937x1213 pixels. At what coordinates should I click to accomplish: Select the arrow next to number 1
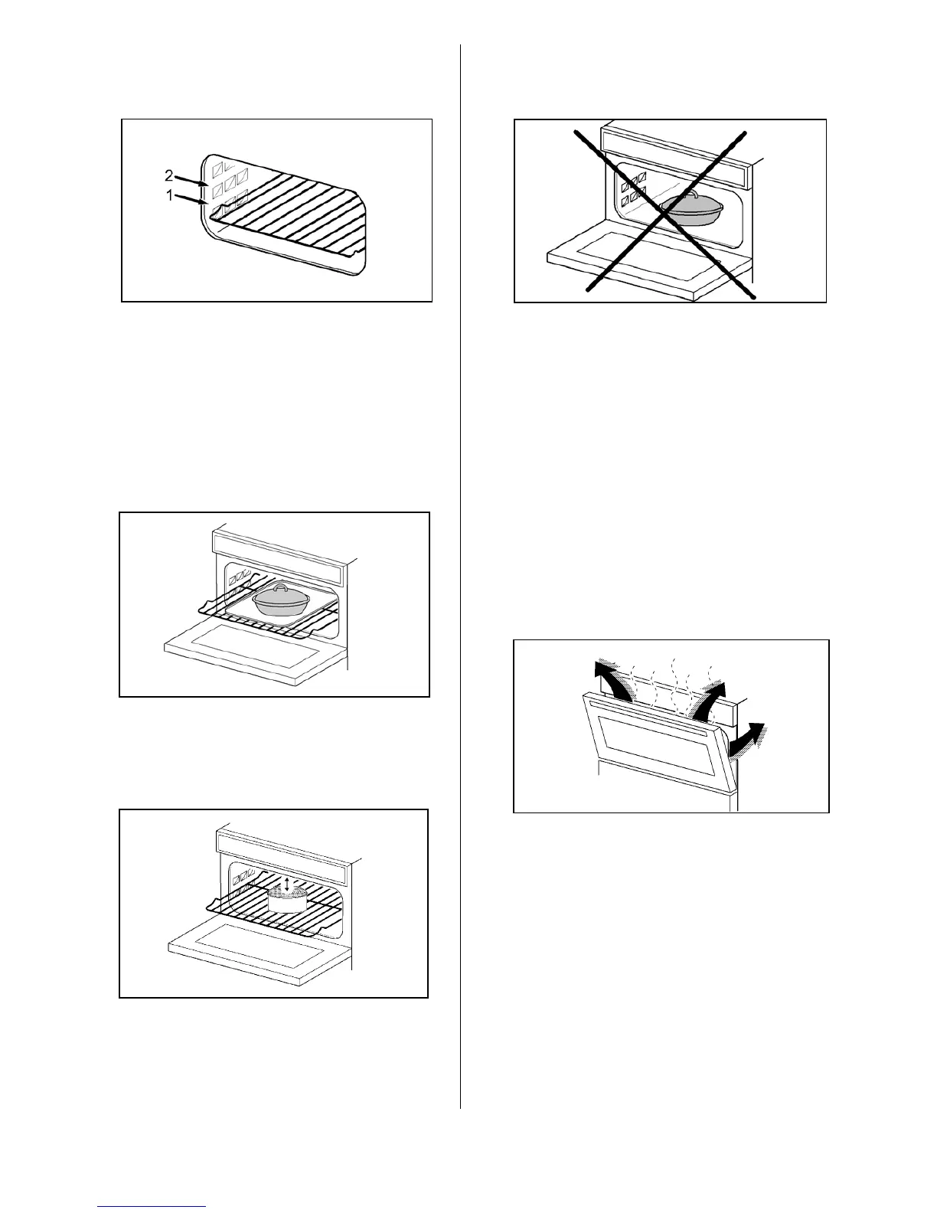point(191,200)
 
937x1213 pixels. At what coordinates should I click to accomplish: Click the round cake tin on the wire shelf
point(287,899)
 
